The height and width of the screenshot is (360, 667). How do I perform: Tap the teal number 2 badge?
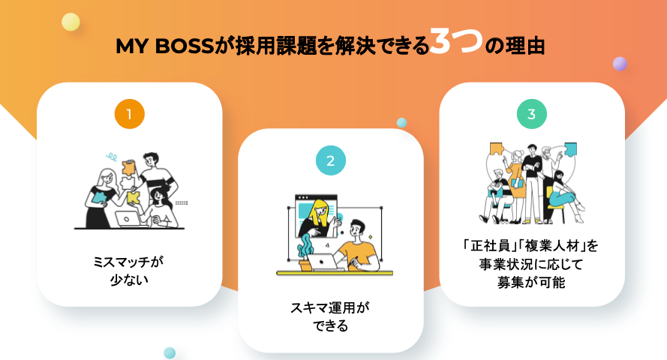tap(330, 160)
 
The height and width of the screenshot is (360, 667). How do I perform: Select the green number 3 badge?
tap(531, 115)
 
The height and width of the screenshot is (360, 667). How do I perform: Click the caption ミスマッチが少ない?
tap(129, 271)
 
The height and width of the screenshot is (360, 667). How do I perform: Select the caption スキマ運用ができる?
tap(330, 316)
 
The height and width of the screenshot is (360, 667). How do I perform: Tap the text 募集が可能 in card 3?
tap(531, 282)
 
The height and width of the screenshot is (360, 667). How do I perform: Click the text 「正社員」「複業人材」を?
tap(531, 246)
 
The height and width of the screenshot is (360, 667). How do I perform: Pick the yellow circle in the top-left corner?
tap(71, 22)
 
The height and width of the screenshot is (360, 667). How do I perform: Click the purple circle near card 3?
tap(620, 64)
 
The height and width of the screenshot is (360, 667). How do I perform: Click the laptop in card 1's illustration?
tap(130, 218)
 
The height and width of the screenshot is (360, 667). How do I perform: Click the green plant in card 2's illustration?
tap(305, 247)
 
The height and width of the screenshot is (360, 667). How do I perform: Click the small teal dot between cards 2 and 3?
tap(401, 122)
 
